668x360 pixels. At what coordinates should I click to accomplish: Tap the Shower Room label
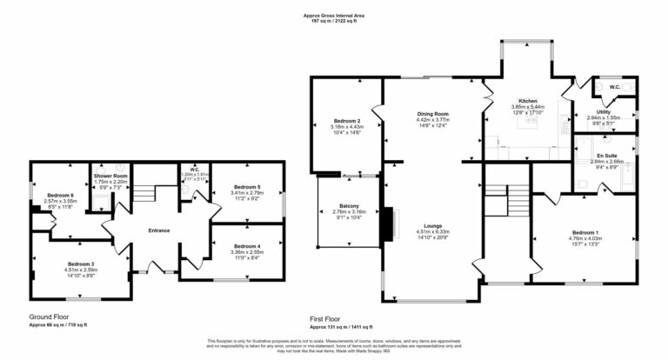[x=110, y=177]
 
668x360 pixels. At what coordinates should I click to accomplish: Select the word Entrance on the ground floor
[x=158, y=230]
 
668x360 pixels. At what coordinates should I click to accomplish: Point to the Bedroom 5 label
[x=247, y=187]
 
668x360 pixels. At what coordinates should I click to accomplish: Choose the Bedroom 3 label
[x=80, y=263]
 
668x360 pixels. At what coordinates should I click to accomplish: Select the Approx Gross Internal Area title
[x=333, y=15]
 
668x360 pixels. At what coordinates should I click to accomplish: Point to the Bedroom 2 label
[x=346, y=121]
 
